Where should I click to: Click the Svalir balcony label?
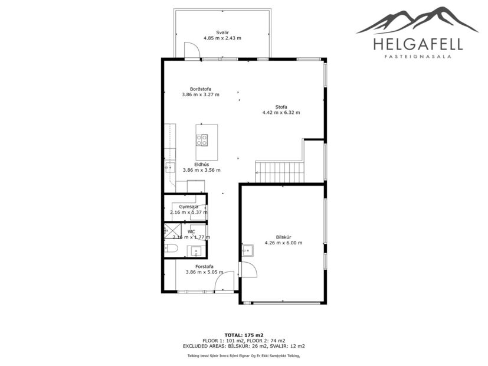(x=222, y=32)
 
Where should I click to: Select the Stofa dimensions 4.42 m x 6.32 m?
(x=281, y=112)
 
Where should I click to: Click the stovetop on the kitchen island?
(x=202, y=140)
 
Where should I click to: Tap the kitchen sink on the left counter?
(x=170, y=167)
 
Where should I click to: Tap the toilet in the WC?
(x=171, y=249)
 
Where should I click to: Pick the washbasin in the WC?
(x=196, y=251)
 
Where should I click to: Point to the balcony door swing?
(x=192, y=51)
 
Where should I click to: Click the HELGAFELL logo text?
(x=418, y=44)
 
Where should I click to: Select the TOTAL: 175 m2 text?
(x=244, y=335)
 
